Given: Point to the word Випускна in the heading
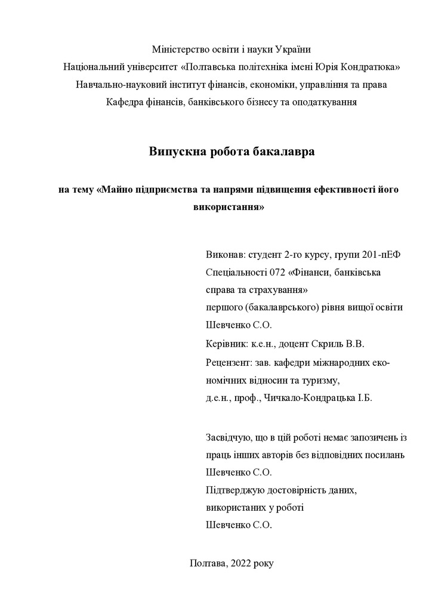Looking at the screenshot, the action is point(173,152).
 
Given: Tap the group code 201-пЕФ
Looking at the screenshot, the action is point(381,255).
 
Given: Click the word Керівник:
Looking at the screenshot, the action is point(226,344).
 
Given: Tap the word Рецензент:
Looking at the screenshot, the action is point(229,362).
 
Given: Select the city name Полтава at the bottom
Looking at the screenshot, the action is point(208,563).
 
